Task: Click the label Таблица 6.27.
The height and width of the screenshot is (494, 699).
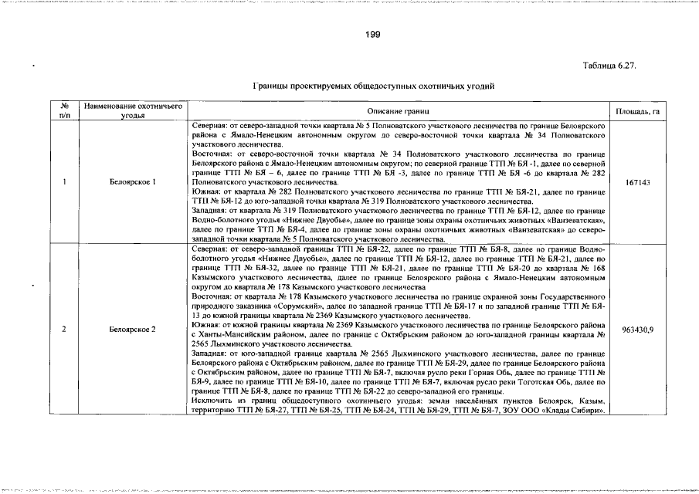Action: tap(609, 67)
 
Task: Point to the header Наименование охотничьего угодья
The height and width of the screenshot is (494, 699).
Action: tap(133, 111)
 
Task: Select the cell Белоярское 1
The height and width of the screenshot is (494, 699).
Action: tap(133, 182)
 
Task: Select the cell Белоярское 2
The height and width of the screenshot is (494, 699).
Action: tap(133, 330)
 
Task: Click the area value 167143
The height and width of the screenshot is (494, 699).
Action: tap(637, 182)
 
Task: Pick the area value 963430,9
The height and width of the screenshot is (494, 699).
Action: tap(637, 330)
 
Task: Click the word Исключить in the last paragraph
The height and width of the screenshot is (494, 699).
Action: tap(212, 401)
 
